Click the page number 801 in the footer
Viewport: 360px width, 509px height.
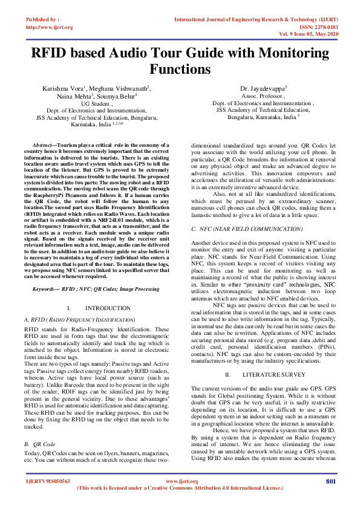point(330,481)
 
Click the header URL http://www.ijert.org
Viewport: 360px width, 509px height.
point(50,27)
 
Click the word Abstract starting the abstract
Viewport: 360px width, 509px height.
point(42,146)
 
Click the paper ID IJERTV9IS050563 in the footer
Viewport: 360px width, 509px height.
point(47,481)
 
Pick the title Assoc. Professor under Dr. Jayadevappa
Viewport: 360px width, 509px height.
point(264,96)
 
